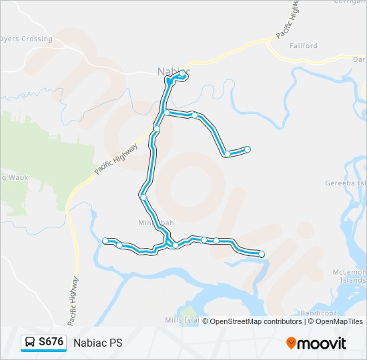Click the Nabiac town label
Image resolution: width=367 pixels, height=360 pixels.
pos(173,70)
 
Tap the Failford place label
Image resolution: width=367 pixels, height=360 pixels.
pos(304,46)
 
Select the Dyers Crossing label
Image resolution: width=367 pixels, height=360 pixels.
pos(26,39)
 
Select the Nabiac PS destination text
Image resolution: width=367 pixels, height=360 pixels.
pos(98,343)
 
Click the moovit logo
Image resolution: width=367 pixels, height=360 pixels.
pos(316,343)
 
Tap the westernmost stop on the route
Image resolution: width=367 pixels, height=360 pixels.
pos(105,240)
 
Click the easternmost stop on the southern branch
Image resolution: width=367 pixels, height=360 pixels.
pos(262,254)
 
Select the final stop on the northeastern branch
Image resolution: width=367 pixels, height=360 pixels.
pos(248,149)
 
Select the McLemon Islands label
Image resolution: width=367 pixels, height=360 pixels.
pos(350,276)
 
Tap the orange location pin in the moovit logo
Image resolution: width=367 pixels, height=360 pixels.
pos(292,343)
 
